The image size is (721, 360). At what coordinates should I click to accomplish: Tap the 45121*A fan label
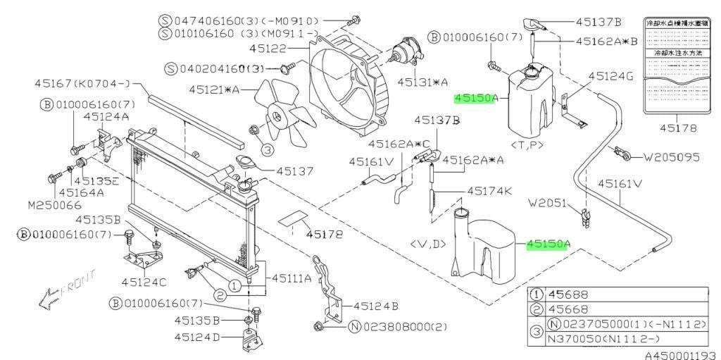214,89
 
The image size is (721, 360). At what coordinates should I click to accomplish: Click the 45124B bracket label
376,306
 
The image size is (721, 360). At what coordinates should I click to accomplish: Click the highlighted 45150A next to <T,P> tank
477,99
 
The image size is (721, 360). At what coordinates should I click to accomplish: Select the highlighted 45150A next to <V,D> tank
547,244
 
